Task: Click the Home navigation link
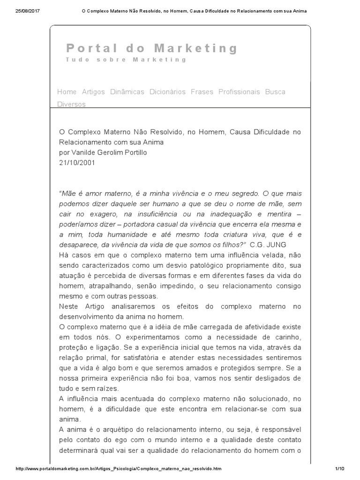pos(67,92)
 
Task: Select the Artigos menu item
pos(93,92)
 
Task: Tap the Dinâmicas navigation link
pos(127,92)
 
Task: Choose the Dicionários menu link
pos(167,92)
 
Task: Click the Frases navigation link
pos(202,92)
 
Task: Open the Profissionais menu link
pos(239,92)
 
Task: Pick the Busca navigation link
pos(275,92)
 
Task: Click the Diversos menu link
pos(71,104)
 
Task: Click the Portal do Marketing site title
pos(152,48)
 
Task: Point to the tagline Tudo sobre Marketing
pos(126,60)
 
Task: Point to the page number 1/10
pos(340,469)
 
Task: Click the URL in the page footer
pos(119,469)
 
